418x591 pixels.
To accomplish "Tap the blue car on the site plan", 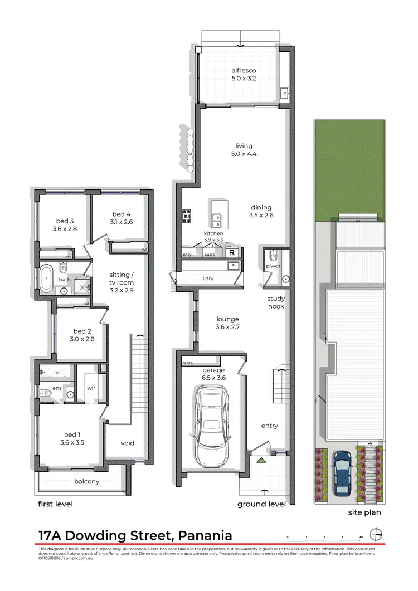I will click(342, 472).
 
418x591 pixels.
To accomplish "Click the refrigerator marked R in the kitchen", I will click(232, 253).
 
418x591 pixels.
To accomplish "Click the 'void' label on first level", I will click(128, 443).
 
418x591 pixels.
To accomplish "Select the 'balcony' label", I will click(86, 481).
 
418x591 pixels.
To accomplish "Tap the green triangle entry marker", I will click(260, 460).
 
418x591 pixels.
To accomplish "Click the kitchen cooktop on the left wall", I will click(187, 216).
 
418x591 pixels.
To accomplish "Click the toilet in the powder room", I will click(272, 256).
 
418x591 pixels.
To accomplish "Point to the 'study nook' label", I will click(276, 302).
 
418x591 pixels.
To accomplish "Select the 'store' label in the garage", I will click(188, 363).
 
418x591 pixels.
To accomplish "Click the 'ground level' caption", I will click(261, 504).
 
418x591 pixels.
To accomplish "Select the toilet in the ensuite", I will click(46, 393).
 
